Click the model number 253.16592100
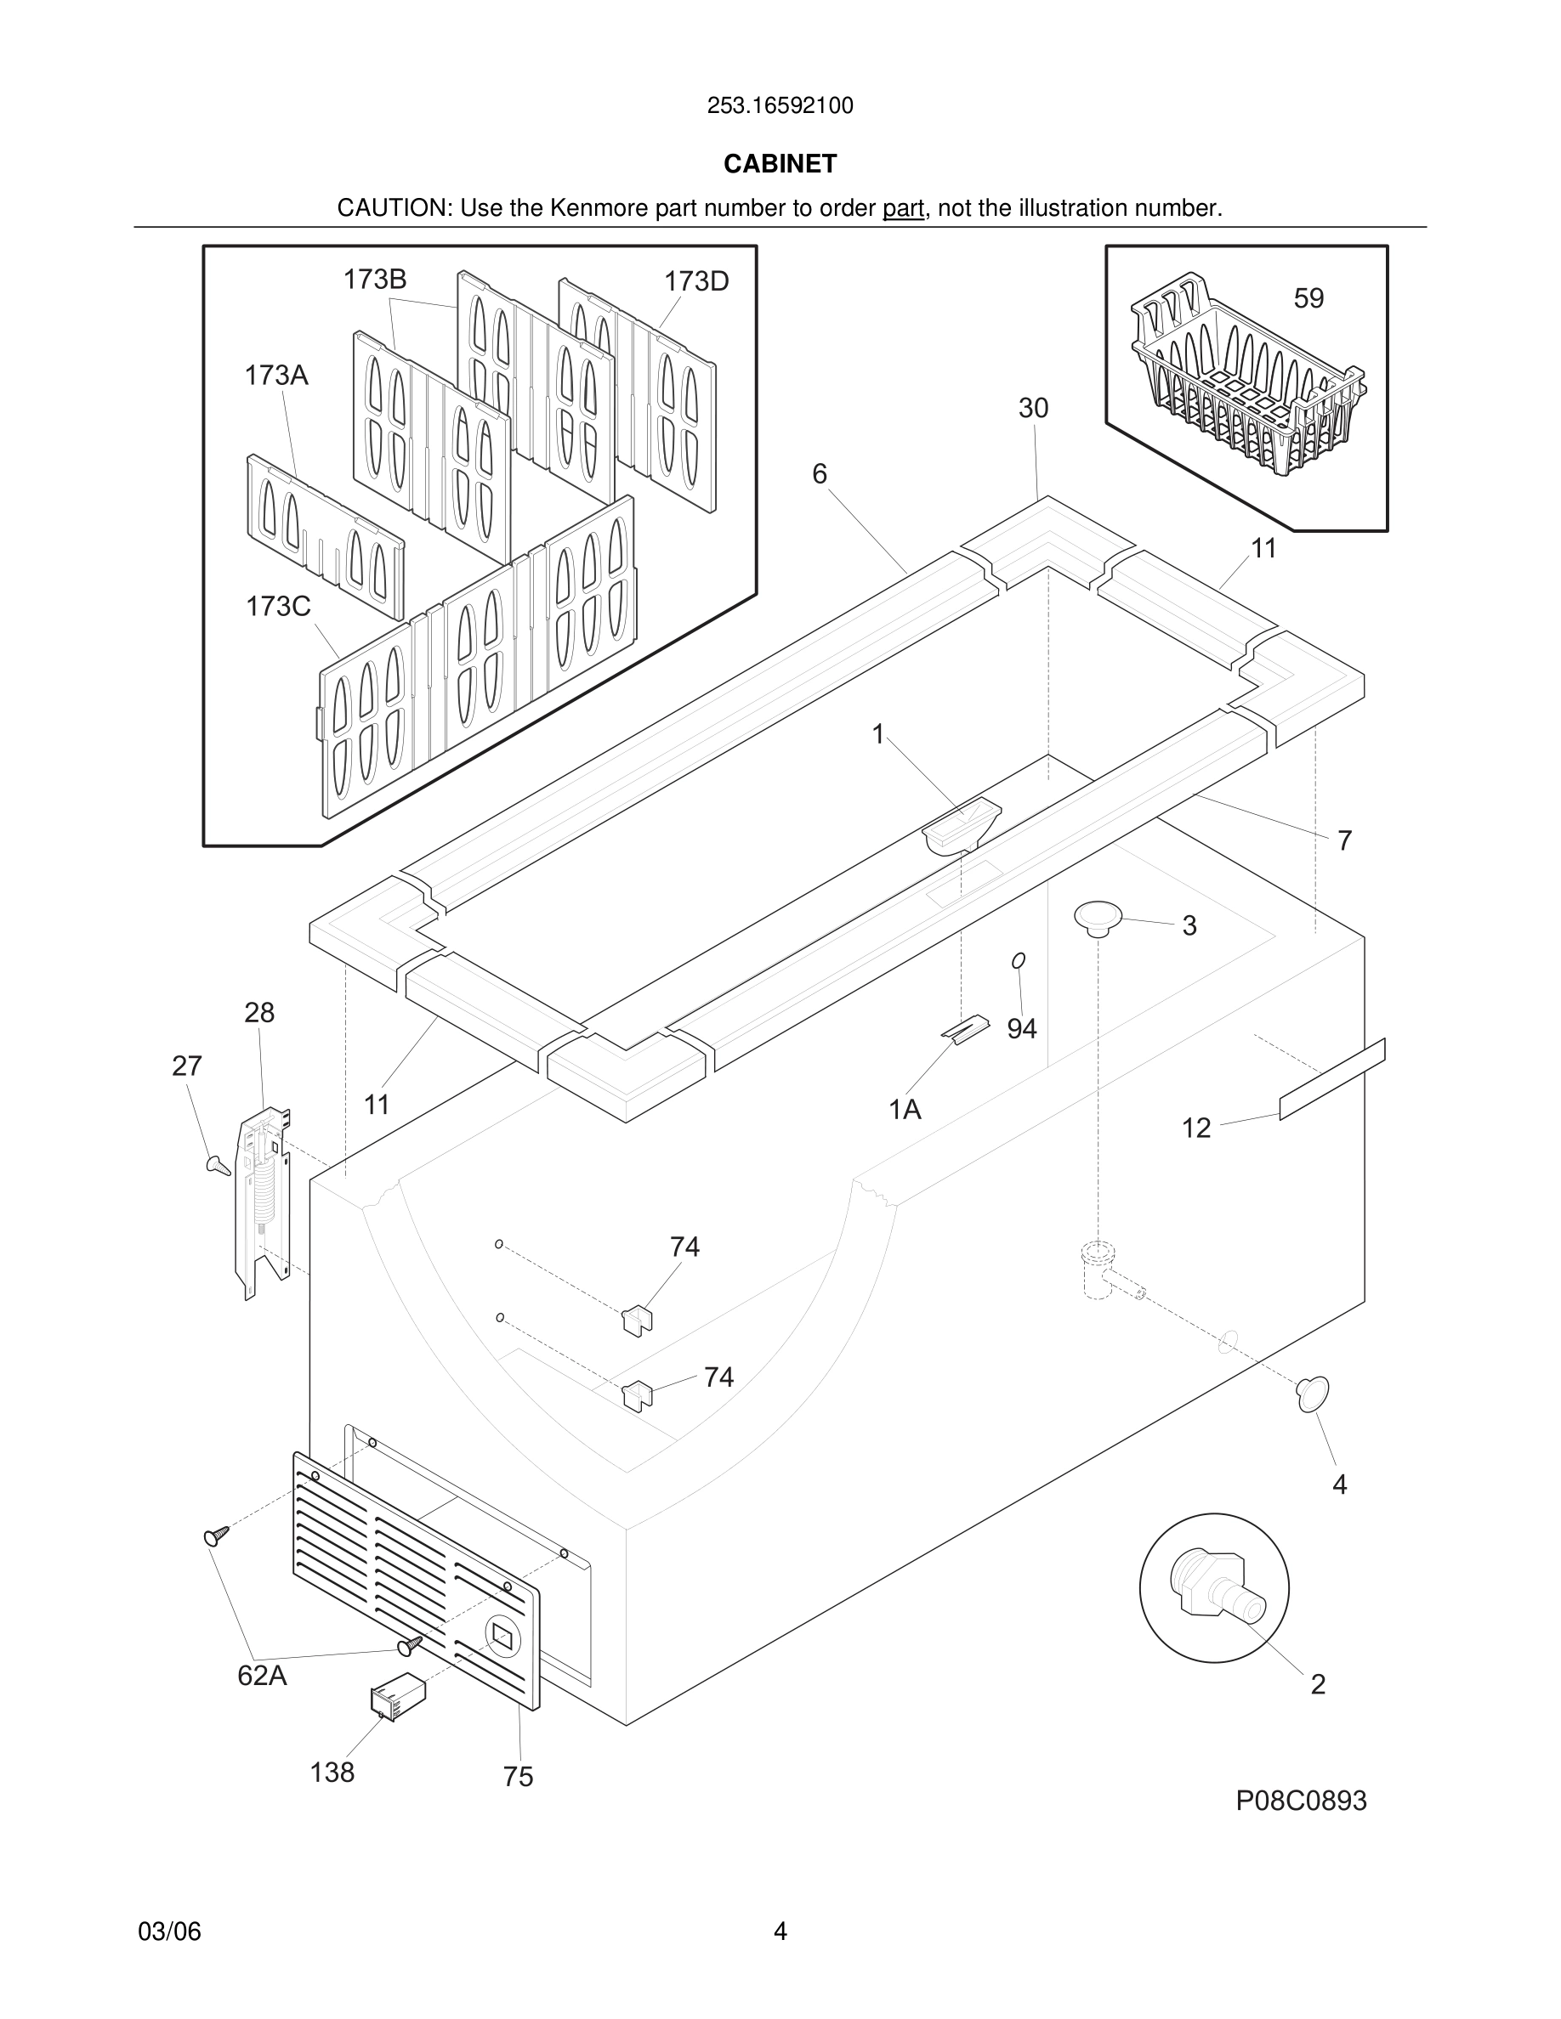[780, 106]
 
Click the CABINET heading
[780, 164]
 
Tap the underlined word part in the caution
[903, 209]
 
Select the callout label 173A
[275, 376]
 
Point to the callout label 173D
[695, 281]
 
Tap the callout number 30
[1033, 408]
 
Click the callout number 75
[518, 1777]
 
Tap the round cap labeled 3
[1098, 918]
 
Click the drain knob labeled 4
[1312, 1393]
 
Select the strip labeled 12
[1331, 1079]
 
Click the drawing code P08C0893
[1300, 1801]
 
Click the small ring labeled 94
[1019, 961]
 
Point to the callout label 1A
[905, 1109]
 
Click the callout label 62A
[262, 1675]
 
